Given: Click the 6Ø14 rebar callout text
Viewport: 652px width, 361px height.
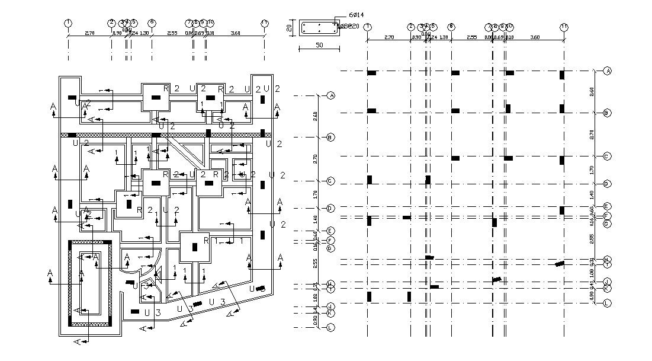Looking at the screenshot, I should coord(357,13).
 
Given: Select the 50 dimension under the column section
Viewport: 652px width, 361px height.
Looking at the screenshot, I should coord(319,45).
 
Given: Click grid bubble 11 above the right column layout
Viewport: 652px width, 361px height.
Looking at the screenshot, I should coord(563,27).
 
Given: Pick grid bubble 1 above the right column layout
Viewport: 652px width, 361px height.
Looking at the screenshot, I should coord(368,27).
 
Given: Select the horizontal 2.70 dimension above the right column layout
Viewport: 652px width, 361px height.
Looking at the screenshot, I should coord(389,37).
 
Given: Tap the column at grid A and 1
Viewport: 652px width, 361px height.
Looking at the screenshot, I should coord(371,73).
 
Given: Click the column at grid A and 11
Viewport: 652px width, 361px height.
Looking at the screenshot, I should coord(562,75).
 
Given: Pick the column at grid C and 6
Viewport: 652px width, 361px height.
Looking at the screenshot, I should coord(455,158).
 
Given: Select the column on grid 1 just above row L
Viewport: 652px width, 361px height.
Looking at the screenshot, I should coord(369,296).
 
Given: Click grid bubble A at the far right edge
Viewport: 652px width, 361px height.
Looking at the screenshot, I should coord(607,71).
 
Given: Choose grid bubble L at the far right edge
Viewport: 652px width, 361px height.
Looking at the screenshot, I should coord(607,303).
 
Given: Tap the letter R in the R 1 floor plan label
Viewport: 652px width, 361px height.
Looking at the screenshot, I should coord(205,241).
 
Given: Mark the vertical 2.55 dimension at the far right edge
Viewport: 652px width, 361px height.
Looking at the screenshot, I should coord(591,239).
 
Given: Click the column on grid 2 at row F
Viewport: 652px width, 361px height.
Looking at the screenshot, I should coord(407,218).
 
